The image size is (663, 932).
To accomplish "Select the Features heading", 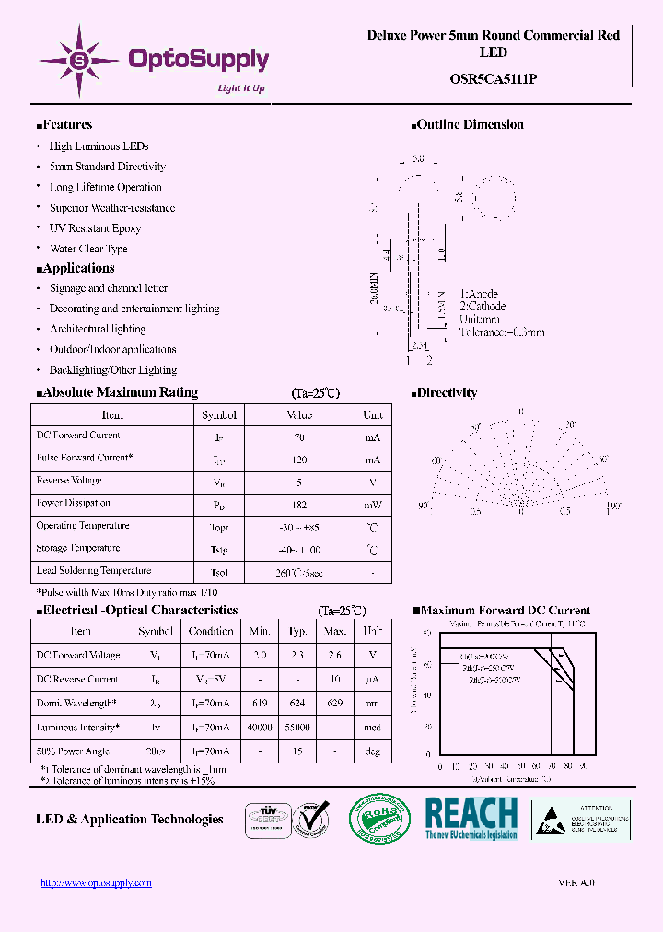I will pyautogui.click(x=65, y=125).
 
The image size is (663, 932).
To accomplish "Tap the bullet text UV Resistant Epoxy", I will pyautogui.click(x=95, y=228).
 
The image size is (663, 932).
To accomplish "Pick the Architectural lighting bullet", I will pyautogui.click(x=98, y=329).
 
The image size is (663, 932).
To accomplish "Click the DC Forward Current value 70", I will pyautogui.click(x=300, y=437).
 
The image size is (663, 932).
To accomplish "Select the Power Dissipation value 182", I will pyautogui.click(x=300, y=505).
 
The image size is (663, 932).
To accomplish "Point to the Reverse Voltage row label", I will pyautogui.click(x=68, y=481).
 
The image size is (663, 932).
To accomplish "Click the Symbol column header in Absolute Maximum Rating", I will pyautogui.click(x=219, y=415).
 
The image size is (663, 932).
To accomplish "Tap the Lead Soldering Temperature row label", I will pyautogui.click(x=93, y=571).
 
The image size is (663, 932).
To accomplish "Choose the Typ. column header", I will pyautogui.click(x=297, y=632).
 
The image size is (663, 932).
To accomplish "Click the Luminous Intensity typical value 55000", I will pyautogui.click(x=297, y=728).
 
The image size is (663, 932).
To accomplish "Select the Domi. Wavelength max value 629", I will pyautogui.click(x=335, y=704).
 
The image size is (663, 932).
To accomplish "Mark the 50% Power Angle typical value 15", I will pyautogui.click(x=297, y=751).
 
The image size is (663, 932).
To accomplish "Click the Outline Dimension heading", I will pyautogui.click(x=470, y=125).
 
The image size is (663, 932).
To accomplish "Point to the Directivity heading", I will pyautogui.click(x=447, y=393).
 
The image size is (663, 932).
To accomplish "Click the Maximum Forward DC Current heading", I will pyautogui.click(x=506, y=611).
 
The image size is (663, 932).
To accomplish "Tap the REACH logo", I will pyautogui.click(x=471, y=818).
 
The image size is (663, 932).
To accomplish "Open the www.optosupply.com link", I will pyautogui.click(x=96, y=883).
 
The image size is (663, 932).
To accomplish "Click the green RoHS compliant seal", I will pyautogui.click(x=379, y=818).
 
